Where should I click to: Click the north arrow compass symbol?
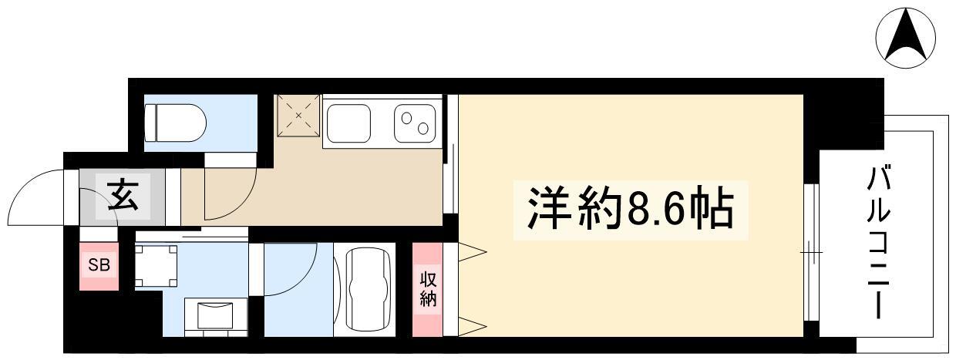coord(905,38)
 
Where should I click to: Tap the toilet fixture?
coord(176,123)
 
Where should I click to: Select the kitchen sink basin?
coord(348,123)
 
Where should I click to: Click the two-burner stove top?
coord(415,123)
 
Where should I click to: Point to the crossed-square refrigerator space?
coord(298,116)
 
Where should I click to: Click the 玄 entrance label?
coord(123,197)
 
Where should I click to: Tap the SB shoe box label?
coord(99,265)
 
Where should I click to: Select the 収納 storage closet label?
coord(428,290)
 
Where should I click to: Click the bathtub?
coord(369,290)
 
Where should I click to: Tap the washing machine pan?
coord(157,266)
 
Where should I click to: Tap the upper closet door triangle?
coord(473,251)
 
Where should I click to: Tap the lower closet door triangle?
coord(473,327)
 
